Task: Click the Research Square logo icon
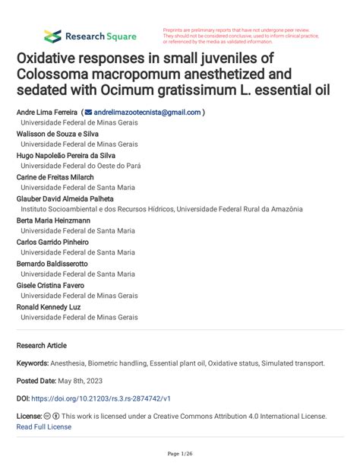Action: click(x=52, y=36)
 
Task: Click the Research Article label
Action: click(x=42, y=344)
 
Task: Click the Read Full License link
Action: click(x=44, y=426)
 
